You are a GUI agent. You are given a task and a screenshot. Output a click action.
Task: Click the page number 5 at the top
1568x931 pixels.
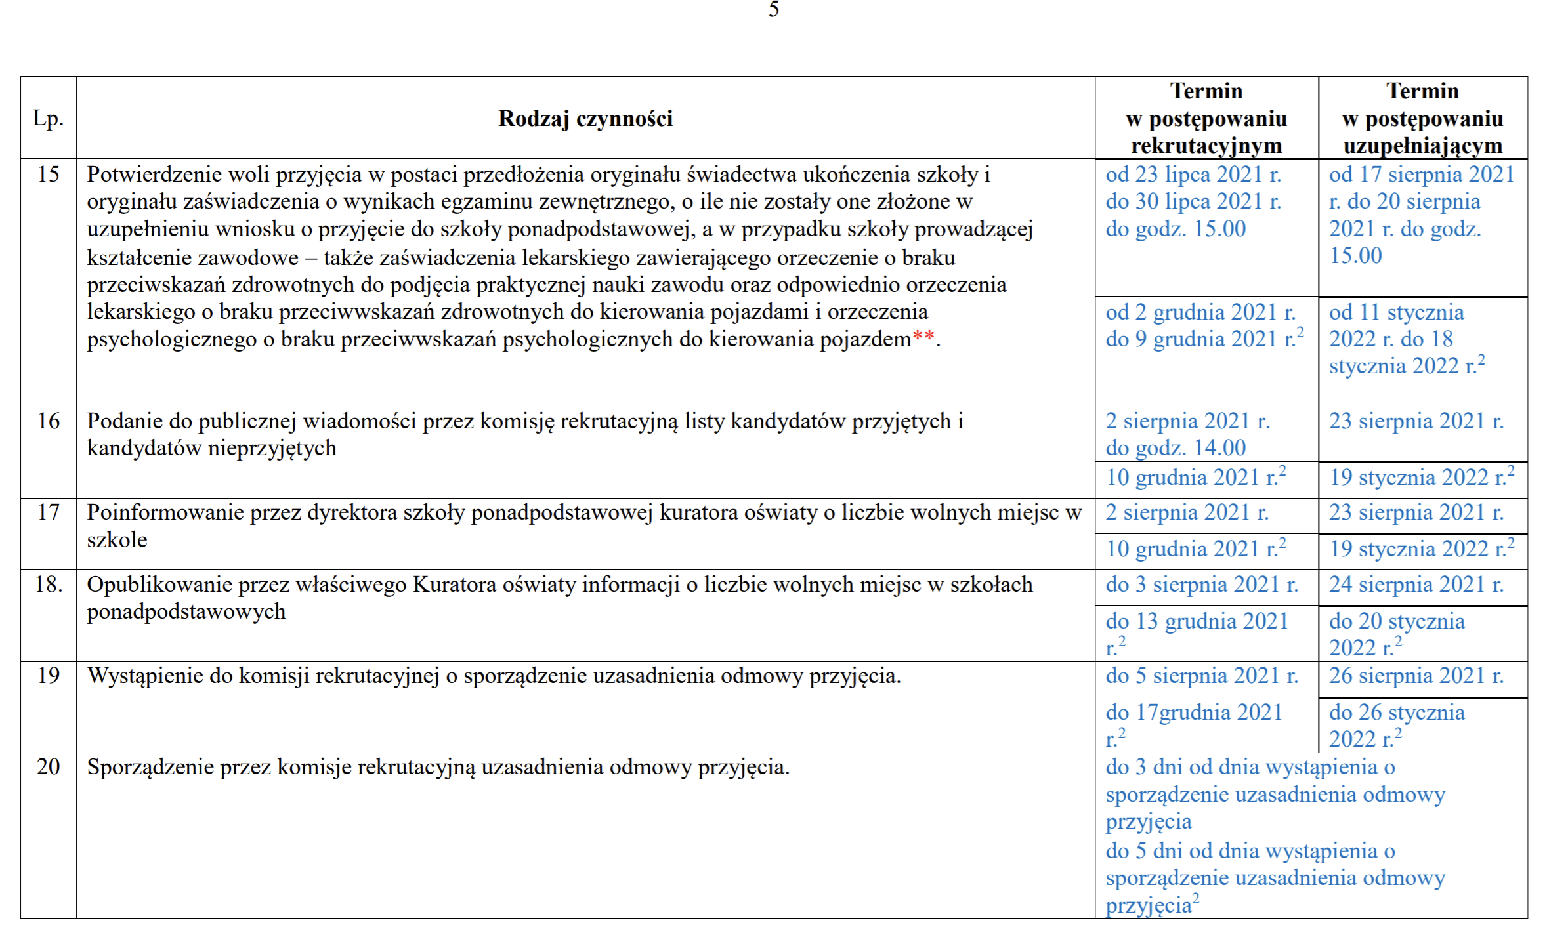click(x=774, y=9)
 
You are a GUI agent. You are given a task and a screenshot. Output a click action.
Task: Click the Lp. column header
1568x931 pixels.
click(x=48, y=119)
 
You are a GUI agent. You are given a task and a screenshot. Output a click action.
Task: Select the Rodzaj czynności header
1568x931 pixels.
click(x=585, y=119)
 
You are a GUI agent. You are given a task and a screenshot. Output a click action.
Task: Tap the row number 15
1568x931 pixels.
click(x=48, y=175)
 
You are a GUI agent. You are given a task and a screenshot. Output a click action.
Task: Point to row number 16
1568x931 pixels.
click(x=48, y=421)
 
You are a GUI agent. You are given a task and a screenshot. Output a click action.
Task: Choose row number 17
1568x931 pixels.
click(x=48, y=512)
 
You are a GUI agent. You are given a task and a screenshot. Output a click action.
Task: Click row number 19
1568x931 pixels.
click(x=48, y=676)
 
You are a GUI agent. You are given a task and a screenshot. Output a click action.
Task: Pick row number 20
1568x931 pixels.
click(x=48, y=767)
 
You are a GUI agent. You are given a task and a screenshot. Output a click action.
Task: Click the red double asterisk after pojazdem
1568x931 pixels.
click(x=923, y=339)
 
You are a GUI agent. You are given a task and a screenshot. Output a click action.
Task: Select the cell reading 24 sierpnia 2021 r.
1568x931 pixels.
click(x=1416, y=585)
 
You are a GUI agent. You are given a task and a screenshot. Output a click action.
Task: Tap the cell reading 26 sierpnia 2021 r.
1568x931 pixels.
click(x=1416, y=676)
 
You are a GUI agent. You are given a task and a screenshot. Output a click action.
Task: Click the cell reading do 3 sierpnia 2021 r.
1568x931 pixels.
click(x=1202, y=585)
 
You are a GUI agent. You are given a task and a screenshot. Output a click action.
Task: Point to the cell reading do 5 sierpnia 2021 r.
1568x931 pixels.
click(x=1202, y=676)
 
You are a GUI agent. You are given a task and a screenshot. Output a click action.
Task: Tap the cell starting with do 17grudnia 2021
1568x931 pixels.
click(x=1194, y=725)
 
